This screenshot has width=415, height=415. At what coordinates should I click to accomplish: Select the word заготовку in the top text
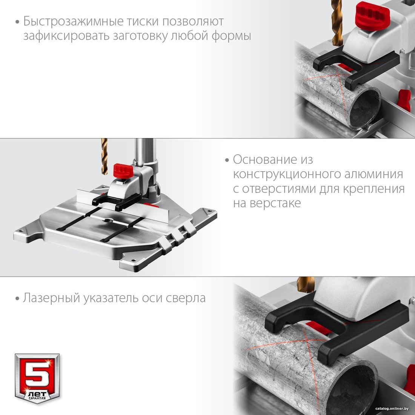tap(140, 36)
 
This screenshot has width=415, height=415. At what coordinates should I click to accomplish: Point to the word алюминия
tap(374, 174)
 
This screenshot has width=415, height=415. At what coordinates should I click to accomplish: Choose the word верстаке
tap(275, 203)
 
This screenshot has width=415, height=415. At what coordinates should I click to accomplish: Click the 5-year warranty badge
tap(37, 378)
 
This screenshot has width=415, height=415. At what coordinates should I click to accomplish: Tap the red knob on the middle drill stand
tap(123, 171)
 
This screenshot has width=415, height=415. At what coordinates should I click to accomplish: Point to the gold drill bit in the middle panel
tap(104, 156)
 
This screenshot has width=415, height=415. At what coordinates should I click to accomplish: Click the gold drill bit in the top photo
tap(337, 23)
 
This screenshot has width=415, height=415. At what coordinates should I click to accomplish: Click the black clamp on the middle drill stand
tap(117, 201)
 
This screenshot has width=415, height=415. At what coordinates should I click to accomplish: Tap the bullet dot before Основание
tap(227, 160)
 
